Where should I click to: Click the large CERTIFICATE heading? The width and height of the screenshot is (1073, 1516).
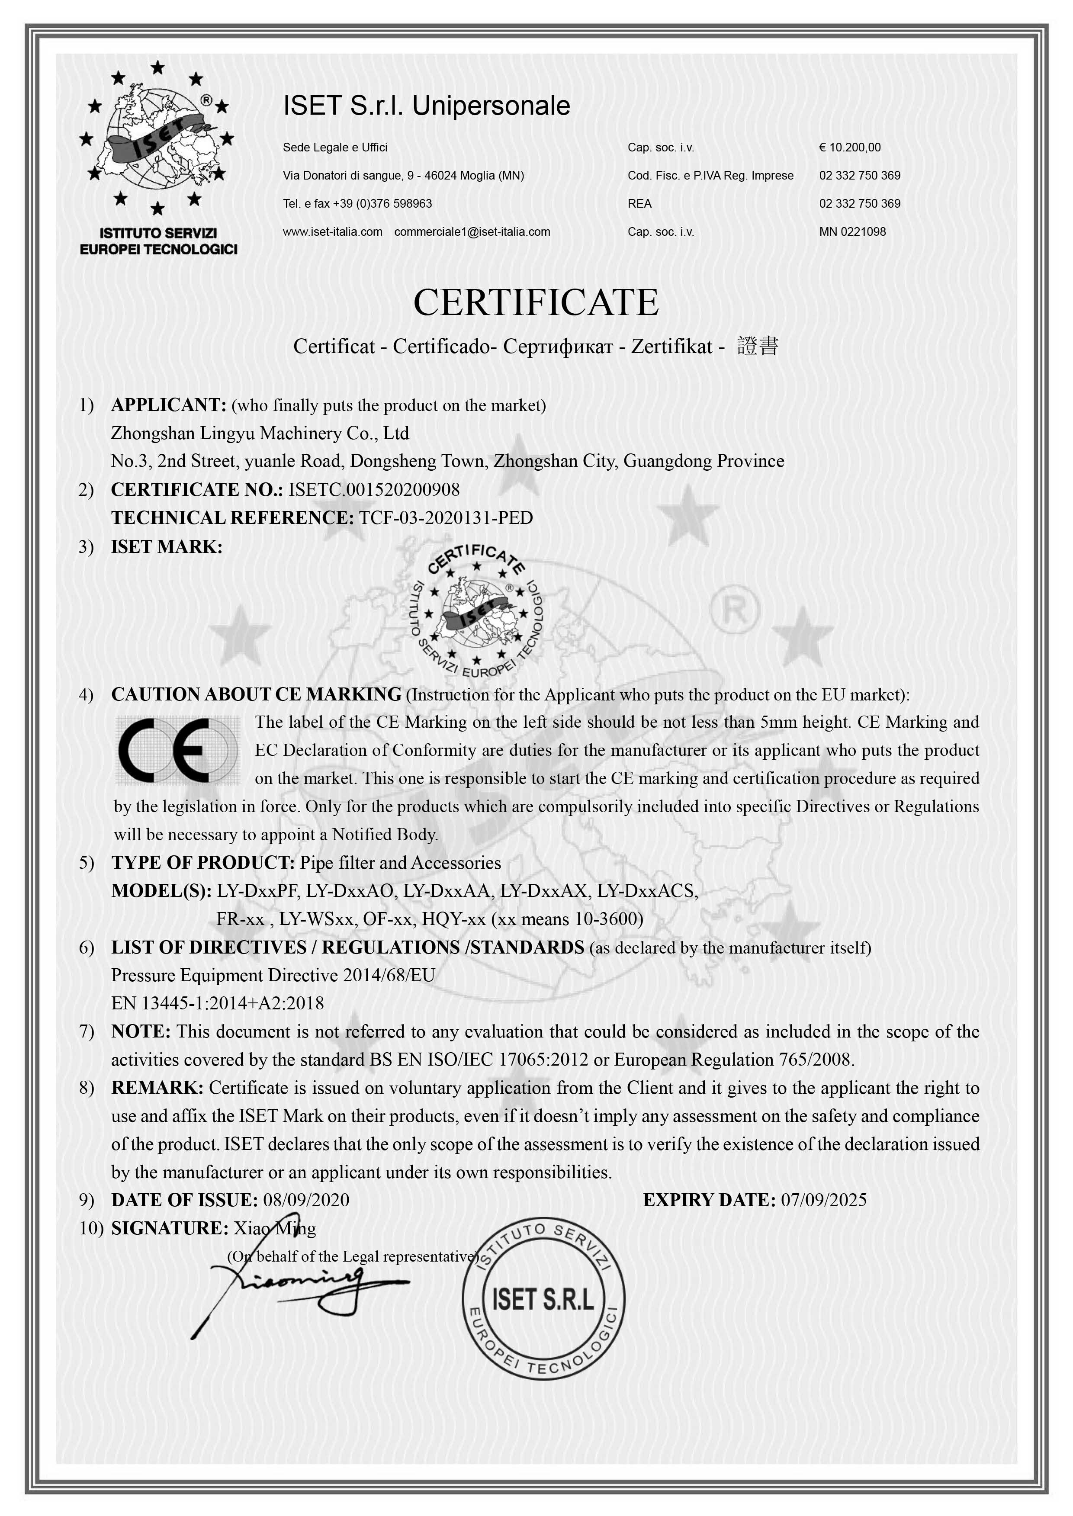pos(536,303)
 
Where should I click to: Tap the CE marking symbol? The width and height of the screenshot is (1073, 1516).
pos(177,750)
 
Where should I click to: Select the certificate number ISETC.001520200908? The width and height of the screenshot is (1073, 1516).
pos(374,490)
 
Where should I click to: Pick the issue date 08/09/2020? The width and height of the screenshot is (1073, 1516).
pos(306,1200)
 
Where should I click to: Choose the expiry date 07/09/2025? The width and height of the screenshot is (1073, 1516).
pos(823,1200)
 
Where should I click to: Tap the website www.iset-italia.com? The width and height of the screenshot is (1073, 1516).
pos(332,232)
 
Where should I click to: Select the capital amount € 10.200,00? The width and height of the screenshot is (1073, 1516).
pos(850,147)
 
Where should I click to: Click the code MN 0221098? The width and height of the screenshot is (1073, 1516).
pos(852,232)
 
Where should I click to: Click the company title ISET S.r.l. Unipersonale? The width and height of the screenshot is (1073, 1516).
pos(426,106)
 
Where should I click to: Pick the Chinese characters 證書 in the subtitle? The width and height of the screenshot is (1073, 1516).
pos(758,346)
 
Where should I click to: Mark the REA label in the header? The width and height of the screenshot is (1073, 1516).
pos(639,203)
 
